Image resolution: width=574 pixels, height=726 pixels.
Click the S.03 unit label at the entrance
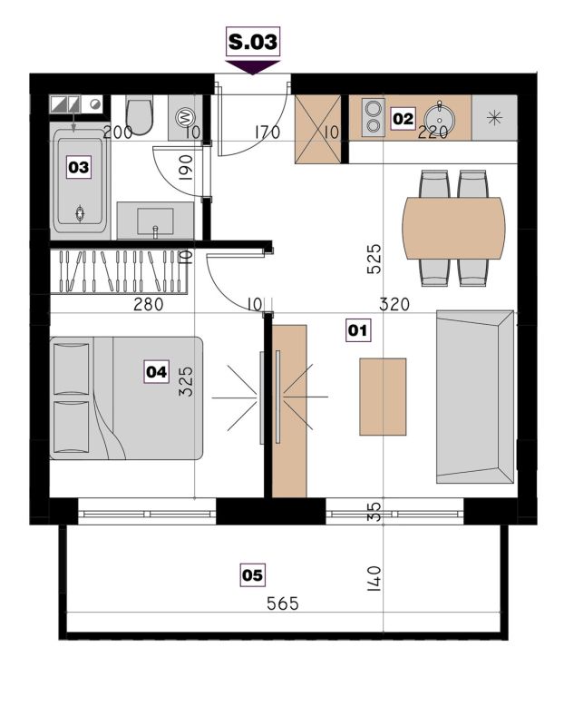tap(253, 42)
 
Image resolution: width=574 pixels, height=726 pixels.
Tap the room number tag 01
tap(358, 330)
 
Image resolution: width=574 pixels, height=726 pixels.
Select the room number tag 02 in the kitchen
tap(403, 119)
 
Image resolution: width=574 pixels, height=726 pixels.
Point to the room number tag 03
tap(78, 167)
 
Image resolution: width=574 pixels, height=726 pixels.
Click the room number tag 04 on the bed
tap(156, 372)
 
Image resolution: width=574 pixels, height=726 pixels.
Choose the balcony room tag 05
tap(252, 575)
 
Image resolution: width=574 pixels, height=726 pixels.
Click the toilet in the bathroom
tap(140, 115)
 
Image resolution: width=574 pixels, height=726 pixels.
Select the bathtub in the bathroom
tap(80, 181)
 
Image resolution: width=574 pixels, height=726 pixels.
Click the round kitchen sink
tap(439, 118)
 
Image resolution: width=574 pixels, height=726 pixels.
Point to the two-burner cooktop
tap(373, 118)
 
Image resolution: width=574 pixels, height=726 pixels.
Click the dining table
tap(453, 228)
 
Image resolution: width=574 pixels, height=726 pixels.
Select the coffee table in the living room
tap(383, 397)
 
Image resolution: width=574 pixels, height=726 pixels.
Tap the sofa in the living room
tap(475, 397)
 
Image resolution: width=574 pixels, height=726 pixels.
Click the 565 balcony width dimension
tap(283, 603)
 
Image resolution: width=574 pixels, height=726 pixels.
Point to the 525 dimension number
tap(374, 260)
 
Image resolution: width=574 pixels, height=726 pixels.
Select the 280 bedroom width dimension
tap(148, 304)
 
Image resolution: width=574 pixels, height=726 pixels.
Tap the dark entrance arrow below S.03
tap(252, 67)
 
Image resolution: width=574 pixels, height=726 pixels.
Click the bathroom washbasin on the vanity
tap(155, 221)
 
